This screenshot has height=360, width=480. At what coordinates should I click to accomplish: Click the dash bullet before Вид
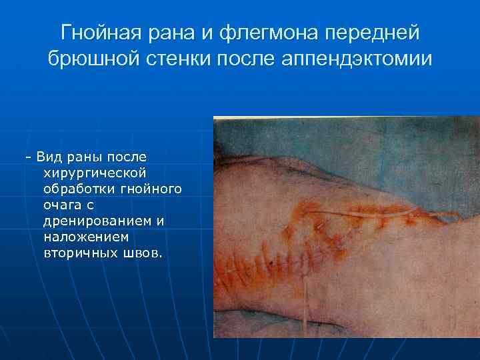[x=27, y=157]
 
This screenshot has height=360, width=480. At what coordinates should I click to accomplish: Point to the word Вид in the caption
[x=49, y=157]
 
